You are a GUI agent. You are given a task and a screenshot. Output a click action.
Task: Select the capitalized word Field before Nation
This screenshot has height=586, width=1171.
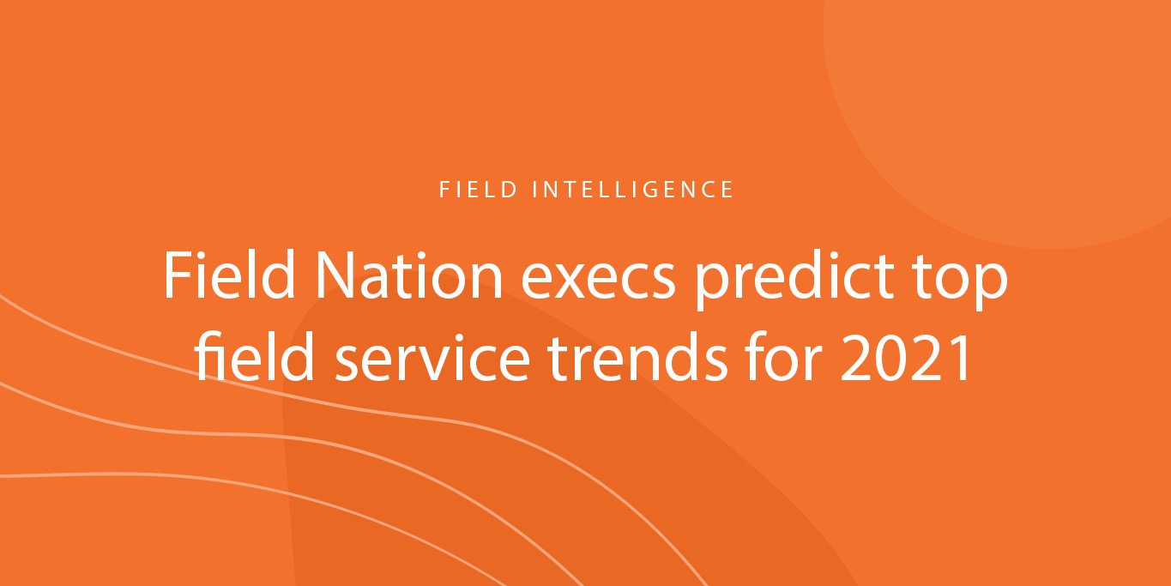(230, 275)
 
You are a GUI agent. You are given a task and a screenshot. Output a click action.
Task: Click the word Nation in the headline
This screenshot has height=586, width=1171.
(408, 275)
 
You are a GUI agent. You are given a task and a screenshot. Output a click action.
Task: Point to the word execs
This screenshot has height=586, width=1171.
(598, 281)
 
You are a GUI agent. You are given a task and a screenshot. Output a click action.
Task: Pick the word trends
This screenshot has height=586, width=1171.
(637, 357)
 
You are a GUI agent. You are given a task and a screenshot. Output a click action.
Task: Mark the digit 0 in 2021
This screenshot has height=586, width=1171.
(890, 359)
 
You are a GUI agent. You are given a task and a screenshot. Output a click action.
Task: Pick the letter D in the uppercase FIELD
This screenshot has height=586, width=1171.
(510, 190)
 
